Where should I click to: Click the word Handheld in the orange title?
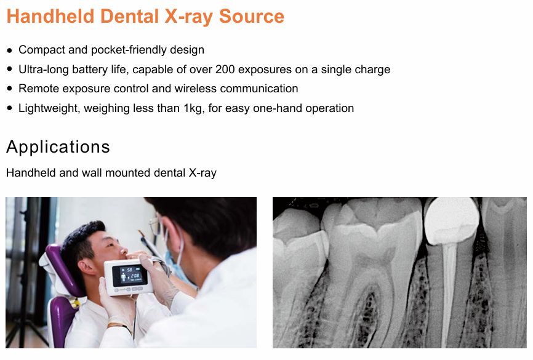50,16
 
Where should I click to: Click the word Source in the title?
252,16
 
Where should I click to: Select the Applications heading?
58,147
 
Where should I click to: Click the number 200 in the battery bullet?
225,70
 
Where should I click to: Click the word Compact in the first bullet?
42,50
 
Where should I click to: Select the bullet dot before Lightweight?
9,108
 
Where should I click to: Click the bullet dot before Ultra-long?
9,70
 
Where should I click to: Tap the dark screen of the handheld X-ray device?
130,275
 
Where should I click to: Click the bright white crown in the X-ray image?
452,221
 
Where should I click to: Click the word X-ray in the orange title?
189,16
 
